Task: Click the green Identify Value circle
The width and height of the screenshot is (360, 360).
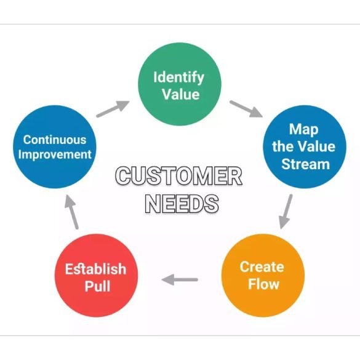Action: pyautogui.click(x=180, y=84)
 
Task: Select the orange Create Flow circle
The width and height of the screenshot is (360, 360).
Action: pyautogui.click(x=263, y=276)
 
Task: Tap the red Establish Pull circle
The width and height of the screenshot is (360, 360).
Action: pyautogui.click(x=96, y=276)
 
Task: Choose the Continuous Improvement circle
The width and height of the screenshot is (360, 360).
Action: pyautogui.click(x=55, y=147)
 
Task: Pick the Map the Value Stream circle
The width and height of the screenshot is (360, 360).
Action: pyautogui.click(x=305, y=147)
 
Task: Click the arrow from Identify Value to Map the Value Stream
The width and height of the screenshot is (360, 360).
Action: pyautogui.click(x=246, y=109)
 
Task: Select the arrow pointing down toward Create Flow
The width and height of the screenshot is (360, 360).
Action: pyautogui.click(x=286, y=212)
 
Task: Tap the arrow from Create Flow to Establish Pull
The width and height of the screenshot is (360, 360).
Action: pyautogui.click(x=180, y=279)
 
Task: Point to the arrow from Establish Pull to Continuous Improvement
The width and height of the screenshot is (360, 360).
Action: pyautogui.click(x=71, y=212)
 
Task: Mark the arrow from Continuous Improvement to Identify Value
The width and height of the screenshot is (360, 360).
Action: pyautogui.click(x=113, y=109)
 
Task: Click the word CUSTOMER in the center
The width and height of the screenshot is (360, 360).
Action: pyautogui.click(x=178, y=175)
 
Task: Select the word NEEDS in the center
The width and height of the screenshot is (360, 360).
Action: pyautogui.click(x=182, y=204)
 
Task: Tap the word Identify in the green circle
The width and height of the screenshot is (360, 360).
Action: pyautogui.click(x=178, y=78)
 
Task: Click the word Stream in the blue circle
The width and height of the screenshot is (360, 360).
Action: pyautogui.click(x=306, y=164)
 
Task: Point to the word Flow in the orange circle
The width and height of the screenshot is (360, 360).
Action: pyautogui.click(x=263, y=284)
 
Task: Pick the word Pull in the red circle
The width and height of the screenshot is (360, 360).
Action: pyautogui.click(x=97, y=286)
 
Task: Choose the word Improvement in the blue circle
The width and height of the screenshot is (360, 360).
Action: pyautogui.click(x=55, y=154)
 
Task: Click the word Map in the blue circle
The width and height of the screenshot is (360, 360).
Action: pyautogui.click(x=304, y=130)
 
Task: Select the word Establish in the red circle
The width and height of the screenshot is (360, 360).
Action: pyautogui.click(x=96, y=269)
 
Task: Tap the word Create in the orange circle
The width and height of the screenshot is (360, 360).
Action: pyautogui.click(x=262, y=267)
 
